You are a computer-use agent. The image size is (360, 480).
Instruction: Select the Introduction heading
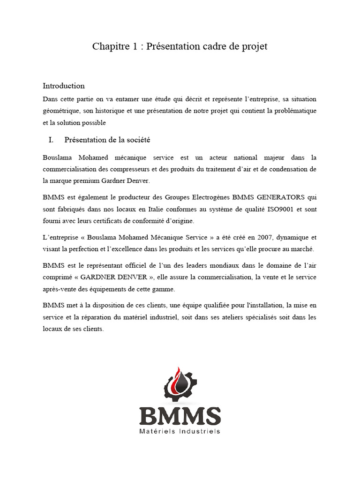click(x=64, y=86)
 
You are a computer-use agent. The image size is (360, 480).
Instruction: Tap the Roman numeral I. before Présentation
click(x=52, y=140)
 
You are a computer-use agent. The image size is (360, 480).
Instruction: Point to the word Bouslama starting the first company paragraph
click(x=58, y=157)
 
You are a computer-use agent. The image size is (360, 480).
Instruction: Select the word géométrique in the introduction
click(x=60, y=111)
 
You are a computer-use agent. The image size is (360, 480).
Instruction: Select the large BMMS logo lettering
click(x=180, y=416)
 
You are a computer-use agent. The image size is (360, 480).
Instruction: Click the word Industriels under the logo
click(x=200, y=431)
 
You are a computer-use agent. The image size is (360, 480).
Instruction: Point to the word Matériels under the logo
click(x=157, y=431)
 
